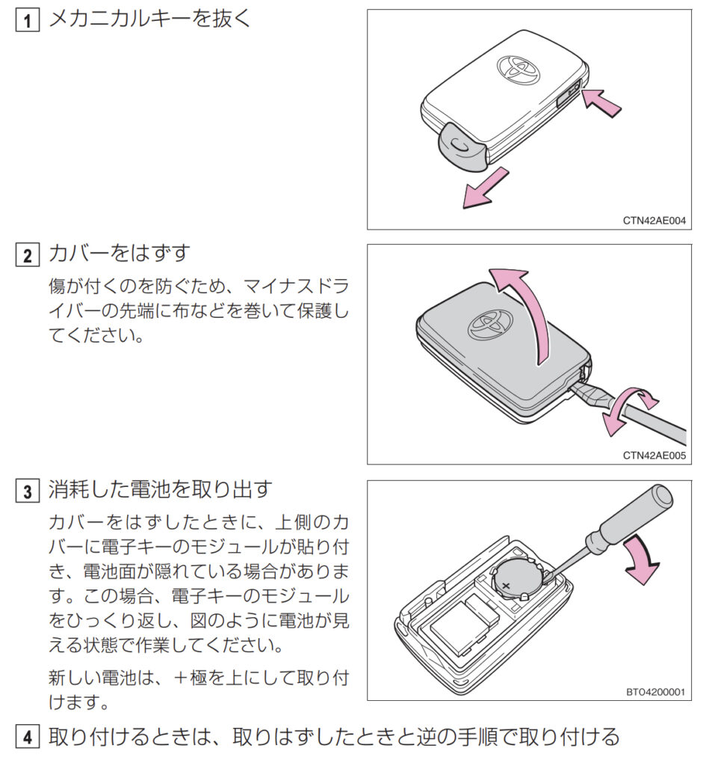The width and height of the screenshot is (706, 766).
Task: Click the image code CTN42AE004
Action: coord(654,221)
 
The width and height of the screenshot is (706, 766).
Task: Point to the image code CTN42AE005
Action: coord(654,455)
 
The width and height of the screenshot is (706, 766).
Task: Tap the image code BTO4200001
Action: coord(654,692)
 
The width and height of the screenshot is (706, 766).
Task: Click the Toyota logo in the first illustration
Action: coord(518,67)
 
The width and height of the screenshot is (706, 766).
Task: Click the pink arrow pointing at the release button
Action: coord(602,103)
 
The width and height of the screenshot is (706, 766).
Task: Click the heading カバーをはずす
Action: coord(120,255)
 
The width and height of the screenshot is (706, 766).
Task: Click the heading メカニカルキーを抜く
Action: coord(149,19)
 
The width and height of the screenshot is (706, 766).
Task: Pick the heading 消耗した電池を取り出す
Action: coord(160,491)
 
